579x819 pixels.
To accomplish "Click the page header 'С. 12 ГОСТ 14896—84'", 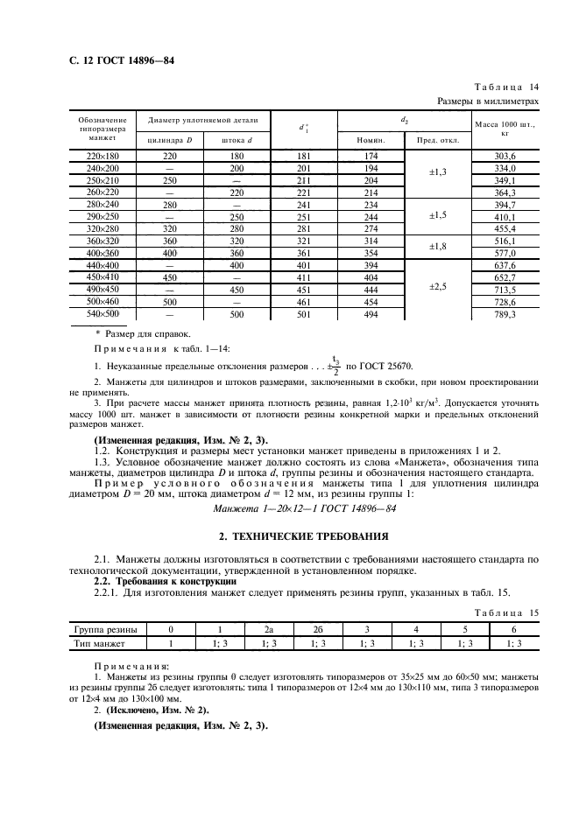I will tap(116, 61).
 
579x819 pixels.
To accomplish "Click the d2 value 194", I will tap(371, 167).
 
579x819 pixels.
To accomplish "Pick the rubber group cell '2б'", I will tap(318, 629).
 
